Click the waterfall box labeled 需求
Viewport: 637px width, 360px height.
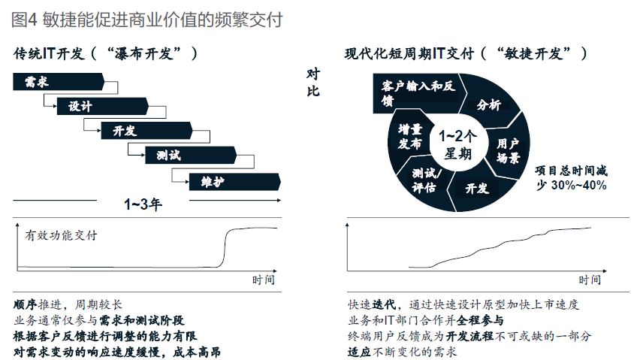click(x=59, y=82)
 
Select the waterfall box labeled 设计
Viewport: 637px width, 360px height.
click(x=103, y=106)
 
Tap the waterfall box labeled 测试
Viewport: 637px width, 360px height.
click(x=191, y=156)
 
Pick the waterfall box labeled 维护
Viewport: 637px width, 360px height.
click(x=235, y=182)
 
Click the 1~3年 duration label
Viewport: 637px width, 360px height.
click(x=143, y=204)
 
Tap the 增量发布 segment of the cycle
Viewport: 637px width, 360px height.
click(x=409, y=137)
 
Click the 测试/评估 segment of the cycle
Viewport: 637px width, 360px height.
click(x=424, y=180)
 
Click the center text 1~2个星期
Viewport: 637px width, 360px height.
click(x=457, y=144)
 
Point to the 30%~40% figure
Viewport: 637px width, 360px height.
click(x=579, y=186)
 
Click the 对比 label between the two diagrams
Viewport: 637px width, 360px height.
click(x=313, y=83)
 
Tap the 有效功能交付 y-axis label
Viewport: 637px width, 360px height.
click(x=61, y=235)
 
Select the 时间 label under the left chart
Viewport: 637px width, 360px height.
click(x=263, y=280)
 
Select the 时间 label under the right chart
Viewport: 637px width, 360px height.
click(x=590, y=280)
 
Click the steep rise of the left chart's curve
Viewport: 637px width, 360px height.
click(x=225, y=248)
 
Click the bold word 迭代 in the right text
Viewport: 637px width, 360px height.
click(x=384, y=304)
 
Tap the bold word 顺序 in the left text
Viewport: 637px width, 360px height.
click(x=26, y=304)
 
